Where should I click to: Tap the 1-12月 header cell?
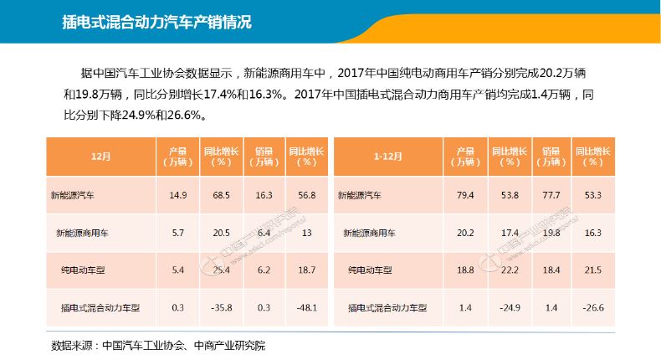tap(388, 156)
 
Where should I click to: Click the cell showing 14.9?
tap(177, 195)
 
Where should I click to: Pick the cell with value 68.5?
tap(221, 195)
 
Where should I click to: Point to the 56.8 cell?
tap(306, 195)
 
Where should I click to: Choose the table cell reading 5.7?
tap(177, 233)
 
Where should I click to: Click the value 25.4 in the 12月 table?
tap(221, 270)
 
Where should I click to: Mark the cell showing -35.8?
tap(221, 307)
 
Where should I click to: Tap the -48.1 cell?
tap(306, 307)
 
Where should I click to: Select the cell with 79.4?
tap(465, 195)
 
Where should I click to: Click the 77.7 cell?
tap(551, 195)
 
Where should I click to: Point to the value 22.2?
tap(508, 270)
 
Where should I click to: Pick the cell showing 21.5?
tap(593, 270)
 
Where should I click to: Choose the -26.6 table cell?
tap(593, 307)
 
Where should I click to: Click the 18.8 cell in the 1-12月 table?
tap(465, 270)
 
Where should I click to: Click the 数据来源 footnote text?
tap(158, 345)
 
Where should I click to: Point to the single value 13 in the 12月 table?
tap(306, 233)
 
